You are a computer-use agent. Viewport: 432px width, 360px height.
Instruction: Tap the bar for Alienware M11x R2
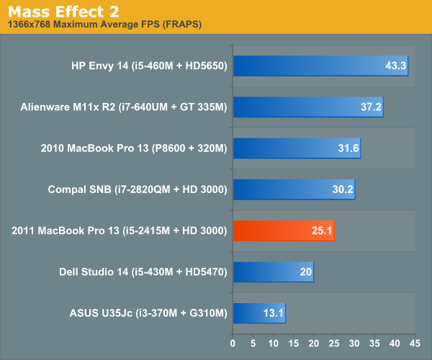[x=307, y=107]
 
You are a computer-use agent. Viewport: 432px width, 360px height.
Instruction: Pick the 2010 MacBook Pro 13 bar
[x=296, y=148]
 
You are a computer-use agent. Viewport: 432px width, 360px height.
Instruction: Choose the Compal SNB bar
[x=293, y=189]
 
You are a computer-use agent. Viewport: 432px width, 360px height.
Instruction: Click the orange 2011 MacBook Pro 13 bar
[x=283, y=230]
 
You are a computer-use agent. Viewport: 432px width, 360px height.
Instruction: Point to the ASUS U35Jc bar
[x=258, y=313]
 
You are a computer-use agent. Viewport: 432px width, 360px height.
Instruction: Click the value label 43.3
[x=396, y=66]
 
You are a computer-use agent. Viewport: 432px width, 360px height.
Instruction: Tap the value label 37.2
[x=372, y=107]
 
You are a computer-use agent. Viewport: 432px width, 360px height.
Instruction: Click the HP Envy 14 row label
[x=150, y=66]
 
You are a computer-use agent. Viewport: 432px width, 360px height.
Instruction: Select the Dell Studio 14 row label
[x=143, y=271]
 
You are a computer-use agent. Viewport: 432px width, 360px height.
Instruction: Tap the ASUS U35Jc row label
[x=148, y=313]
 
